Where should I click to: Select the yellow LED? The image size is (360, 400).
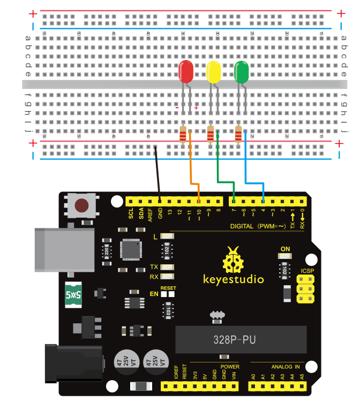[x=214, y=72]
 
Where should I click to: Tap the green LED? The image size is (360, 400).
[x=242, y=72]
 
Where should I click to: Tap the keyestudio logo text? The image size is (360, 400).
[x=234, y=279]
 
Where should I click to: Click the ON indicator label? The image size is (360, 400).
[x=285, y=249]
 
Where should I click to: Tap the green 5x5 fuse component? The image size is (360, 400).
[x=73, y=294]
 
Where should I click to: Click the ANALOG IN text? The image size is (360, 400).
[x=286, y=367]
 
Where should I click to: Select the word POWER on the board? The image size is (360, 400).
[x=230, y=367]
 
